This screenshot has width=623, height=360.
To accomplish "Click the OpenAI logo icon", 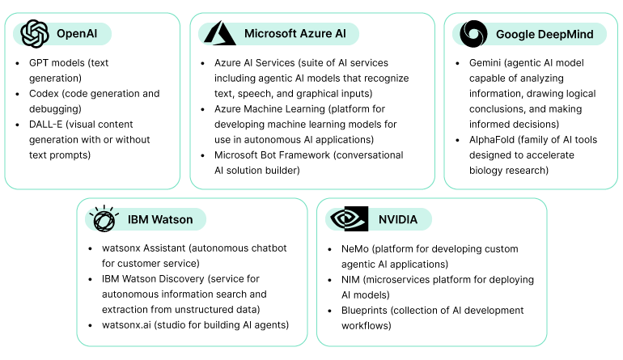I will click(35, 33).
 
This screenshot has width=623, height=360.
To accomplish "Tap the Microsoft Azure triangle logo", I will click(219, 33).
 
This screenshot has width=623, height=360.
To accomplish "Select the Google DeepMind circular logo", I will click(473, 34).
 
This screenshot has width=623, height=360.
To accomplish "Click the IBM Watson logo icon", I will click(104, 219).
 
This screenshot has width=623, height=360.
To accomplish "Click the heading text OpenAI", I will click(76, 34).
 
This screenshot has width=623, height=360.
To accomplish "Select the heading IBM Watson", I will click(160, 219).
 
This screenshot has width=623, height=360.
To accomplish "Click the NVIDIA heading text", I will click(399, 219).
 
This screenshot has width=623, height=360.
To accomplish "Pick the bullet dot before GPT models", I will click(18, 63).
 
